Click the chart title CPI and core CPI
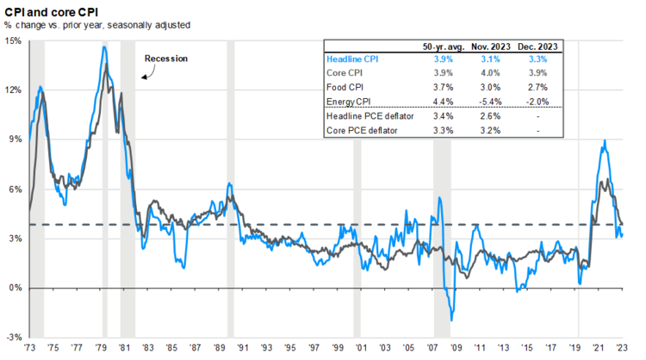(51, 9)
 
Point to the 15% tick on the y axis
(13, 40)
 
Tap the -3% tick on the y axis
(13, 337)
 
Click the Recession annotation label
(166, 59)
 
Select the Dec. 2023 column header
(537, 47)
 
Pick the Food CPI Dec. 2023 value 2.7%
(537, 88)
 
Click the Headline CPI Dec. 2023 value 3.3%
(537, 59)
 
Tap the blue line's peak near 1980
(104, 47)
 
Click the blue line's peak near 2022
(605, 141)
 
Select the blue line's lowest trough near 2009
(451, 320)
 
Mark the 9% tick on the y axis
(15, 140)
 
